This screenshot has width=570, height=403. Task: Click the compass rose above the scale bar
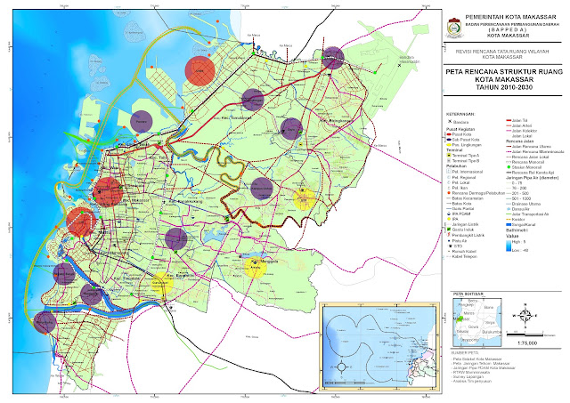(526, 316)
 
